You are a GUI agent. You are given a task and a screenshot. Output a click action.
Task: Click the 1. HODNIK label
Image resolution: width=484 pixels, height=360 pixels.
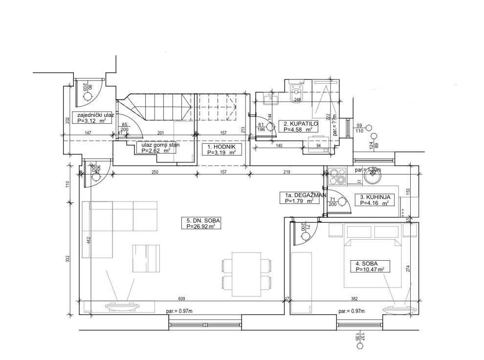[221, 149]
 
